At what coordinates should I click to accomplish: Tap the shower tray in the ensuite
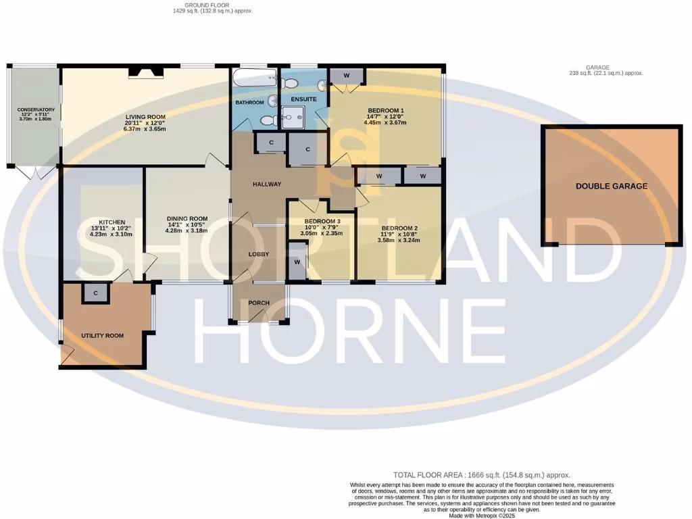pyautogui.click(x=295, y=119)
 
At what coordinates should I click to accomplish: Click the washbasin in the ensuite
pyautogui.click(x=322, y=85)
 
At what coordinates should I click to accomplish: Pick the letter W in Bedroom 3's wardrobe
pyautogui.click(x=297, y=262)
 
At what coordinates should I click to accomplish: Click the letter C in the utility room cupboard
pyautogui.click(x=96, y=293)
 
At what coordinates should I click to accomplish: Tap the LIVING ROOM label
pyautogui.click(x=145, y=117)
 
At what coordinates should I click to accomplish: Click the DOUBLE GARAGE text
pyautogui.click(x=611, y=186)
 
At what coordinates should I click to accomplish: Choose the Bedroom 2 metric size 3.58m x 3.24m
pyautogui.click(x=399, y=240)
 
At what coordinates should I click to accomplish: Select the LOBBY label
pyautogui.click(x=259, y=254)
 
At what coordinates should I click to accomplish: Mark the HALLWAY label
pyautogui.click(x=267, y=184)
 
